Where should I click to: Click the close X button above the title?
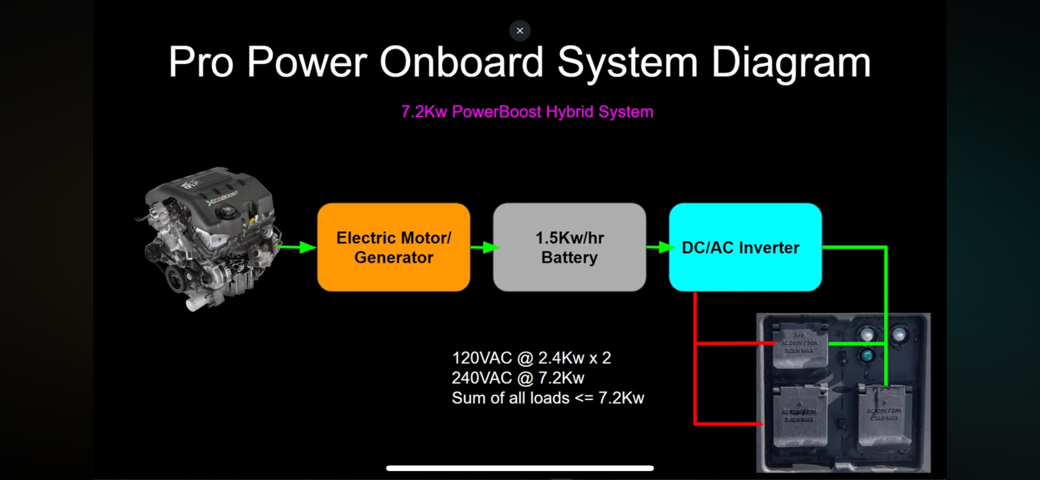(x=519, y=31)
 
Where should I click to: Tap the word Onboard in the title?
(x=461, y=62)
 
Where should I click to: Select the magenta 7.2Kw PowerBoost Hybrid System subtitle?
(x=527, y=112)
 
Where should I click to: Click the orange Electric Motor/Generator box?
(x=394, y=247)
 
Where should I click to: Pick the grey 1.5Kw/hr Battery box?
(x=569, y=247)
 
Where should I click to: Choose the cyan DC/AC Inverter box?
(x=745, y=247)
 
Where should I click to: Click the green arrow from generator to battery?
(x=483, y=247)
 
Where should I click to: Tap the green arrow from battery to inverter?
(x=659, y=247)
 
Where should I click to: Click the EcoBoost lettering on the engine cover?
(x=223, y=198)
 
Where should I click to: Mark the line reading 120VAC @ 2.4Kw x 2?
(x=531, y=358)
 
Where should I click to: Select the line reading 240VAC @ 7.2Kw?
(x=517, y=378)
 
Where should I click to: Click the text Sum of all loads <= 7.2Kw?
(x=548, y=398)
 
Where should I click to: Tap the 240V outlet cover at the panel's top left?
(x=799, y=346)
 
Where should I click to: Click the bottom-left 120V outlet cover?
(x=799, y=416)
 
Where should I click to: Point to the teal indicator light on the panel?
(x=867, y=356)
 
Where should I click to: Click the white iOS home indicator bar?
(x=519, y=468)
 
